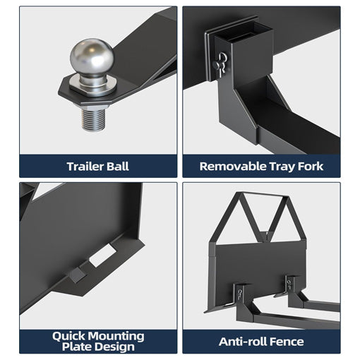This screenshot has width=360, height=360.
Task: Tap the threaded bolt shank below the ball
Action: (93, 120)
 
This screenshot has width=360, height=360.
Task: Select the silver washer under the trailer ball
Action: (93, 86)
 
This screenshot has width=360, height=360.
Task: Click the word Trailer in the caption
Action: (85, 167)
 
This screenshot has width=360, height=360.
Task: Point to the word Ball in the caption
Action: (118, 167)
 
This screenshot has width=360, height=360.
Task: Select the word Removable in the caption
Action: (232, 166)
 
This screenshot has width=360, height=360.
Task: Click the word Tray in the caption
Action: (282, 167)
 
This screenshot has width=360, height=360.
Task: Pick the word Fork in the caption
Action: (311, 166)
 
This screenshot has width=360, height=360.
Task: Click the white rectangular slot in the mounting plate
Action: (103, 256)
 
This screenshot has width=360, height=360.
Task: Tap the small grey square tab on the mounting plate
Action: (78, 275)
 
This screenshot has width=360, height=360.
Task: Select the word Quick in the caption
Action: (68, 337)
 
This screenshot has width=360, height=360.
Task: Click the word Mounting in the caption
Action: (116, 337)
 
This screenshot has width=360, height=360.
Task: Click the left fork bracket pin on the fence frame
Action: (240, 294)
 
